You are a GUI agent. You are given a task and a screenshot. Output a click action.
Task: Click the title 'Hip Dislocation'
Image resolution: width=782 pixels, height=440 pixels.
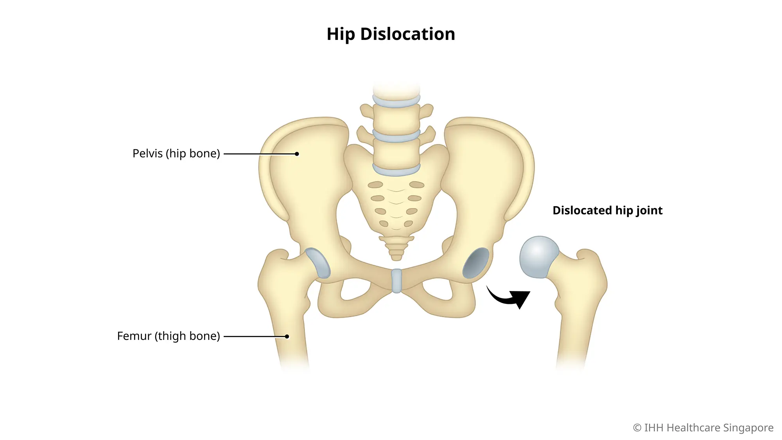coord(391,34)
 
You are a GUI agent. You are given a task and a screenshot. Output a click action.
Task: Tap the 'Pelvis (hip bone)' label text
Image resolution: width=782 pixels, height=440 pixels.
coord(176,154)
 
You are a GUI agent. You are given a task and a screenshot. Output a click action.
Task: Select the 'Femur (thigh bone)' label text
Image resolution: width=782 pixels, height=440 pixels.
coord(169,336)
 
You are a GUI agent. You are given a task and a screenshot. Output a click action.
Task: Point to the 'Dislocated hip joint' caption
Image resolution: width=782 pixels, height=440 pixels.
coord(607,211)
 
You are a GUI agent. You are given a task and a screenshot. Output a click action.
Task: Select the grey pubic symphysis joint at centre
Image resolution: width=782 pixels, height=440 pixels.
coord(396,280)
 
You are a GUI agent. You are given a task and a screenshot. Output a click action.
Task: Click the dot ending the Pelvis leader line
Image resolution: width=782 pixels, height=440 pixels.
coord(297,154)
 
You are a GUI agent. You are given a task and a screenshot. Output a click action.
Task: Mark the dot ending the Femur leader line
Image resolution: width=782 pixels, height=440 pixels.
coord(287,336)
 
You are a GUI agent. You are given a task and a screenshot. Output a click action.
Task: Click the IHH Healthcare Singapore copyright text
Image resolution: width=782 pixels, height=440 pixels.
coord(703,428)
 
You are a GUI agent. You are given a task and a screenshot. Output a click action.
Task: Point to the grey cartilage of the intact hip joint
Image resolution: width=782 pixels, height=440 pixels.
coord(318,263)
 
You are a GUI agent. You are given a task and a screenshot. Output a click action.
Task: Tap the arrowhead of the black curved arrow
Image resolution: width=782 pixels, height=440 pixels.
coord(521,298)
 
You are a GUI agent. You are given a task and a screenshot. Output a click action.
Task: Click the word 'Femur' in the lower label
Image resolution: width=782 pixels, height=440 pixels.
coord(134,336)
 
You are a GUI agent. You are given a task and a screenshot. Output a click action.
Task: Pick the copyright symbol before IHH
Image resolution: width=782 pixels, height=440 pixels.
coord(637,428)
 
